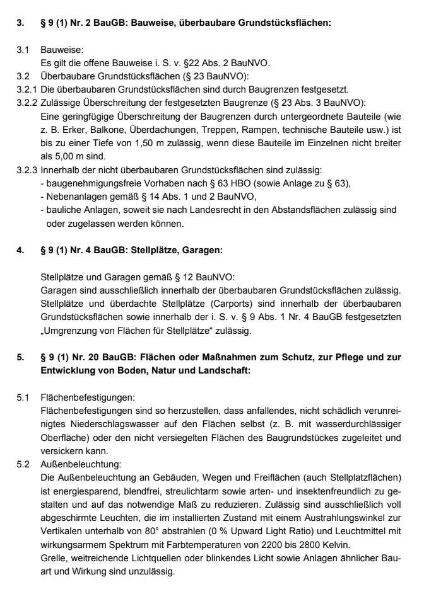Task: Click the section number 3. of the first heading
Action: click(x=20, y=23)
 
